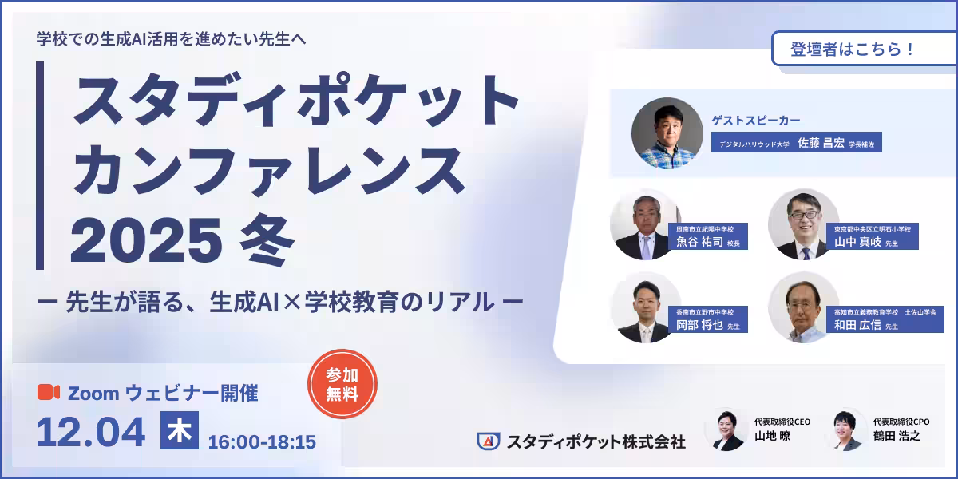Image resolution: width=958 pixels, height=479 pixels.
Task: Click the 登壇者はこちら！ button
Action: (853, 49)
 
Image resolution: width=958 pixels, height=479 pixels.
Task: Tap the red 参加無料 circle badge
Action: (342, 384)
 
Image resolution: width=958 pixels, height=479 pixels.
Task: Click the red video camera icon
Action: (49, 392)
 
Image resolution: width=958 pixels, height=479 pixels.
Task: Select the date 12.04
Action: (91, 432)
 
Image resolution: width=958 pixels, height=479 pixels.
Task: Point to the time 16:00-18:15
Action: (262, 441)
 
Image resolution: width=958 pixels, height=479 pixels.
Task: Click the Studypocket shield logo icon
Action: (489, 441)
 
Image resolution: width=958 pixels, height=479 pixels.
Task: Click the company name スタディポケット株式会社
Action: (596, 441)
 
